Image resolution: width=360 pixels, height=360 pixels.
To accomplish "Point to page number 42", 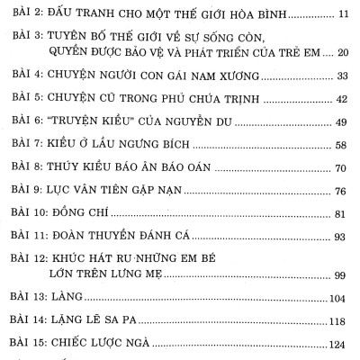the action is pos(342,121).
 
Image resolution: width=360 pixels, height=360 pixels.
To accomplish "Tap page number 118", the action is pos(339,346).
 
